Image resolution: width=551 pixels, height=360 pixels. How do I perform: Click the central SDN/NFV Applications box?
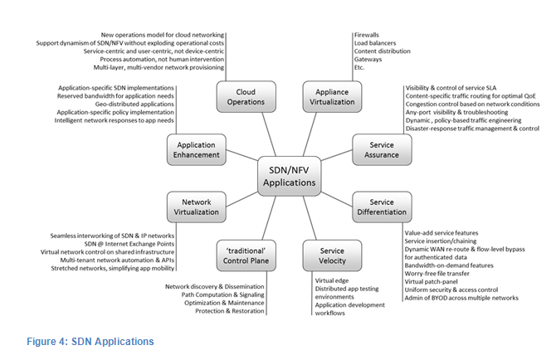289,176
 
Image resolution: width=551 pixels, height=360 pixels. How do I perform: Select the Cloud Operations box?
246,97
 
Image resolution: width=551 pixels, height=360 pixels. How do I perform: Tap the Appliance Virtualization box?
332,97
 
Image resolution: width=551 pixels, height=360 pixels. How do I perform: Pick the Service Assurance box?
382,149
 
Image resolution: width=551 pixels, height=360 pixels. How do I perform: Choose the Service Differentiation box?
382,207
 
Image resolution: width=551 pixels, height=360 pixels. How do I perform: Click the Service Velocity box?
332,255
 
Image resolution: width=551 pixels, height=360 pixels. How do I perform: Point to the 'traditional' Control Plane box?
246,255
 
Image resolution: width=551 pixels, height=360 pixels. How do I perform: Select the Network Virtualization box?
197,207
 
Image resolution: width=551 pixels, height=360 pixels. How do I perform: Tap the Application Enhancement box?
197,149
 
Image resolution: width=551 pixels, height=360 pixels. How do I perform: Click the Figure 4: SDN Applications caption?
90,342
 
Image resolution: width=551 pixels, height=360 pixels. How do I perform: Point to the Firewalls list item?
367,35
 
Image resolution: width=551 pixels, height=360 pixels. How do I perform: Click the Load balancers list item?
375,43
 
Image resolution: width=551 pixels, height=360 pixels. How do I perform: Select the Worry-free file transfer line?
436,273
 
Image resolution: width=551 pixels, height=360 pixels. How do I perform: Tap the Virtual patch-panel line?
432,281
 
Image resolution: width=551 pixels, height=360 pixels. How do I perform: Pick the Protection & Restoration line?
230,311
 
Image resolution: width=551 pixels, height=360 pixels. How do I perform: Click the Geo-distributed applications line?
134,104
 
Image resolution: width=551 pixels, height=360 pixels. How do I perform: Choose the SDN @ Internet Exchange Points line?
129,244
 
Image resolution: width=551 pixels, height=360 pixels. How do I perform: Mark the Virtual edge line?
332,280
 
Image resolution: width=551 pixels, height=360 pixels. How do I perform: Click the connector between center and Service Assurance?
336,155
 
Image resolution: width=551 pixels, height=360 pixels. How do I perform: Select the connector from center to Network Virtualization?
241,199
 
